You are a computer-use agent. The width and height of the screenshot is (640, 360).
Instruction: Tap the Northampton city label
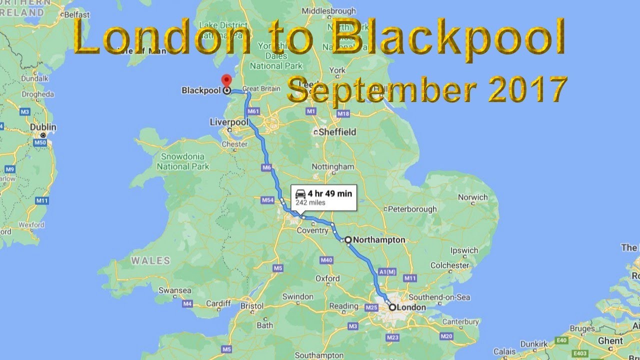tap(378, 240)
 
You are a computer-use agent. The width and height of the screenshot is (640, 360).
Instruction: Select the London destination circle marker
tap(392, 307)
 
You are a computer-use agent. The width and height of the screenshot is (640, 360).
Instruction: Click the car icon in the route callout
tap(300, 194)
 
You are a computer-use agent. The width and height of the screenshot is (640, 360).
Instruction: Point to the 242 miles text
tap(310, 203)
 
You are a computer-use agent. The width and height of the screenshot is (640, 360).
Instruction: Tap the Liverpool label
tap(228, 122)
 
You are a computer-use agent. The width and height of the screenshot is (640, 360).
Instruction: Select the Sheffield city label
tap(337, 132)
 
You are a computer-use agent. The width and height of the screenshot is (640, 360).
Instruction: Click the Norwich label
tap(472, 197)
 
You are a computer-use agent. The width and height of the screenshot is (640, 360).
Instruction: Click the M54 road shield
tap(268, 200)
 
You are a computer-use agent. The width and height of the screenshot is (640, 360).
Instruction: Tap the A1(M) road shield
tap(387, 272)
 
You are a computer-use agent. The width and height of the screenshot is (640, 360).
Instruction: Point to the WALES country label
tap(150, 260)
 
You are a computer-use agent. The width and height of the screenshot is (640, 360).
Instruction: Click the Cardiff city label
tap(218, 303)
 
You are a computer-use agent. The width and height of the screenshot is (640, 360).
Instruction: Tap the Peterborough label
tap(412, 209)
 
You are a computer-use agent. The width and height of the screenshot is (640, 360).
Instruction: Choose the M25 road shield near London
tap(371, 307)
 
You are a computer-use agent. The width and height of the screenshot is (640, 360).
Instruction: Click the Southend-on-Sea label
tap(439, 297)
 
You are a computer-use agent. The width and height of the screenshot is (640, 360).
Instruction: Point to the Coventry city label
tap(312, 230)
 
